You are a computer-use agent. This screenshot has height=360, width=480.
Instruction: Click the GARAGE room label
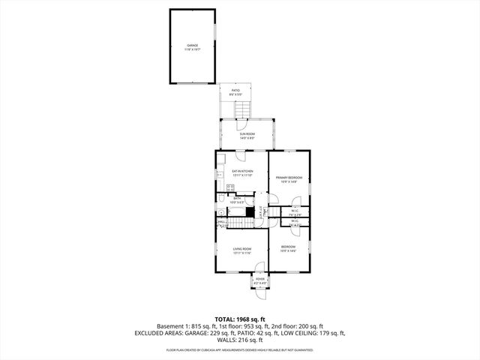pos(193,46)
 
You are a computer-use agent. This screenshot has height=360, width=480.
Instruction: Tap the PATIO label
pos(235,91)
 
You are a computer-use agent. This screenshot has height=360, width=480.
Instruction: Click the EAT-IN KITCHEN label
pos(241,172)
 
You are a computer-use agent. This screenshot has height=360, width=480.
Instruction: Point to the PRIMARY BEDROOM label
pos(289,179)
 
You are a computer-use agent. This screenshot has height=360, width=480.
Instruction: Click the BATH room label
pos(236,200)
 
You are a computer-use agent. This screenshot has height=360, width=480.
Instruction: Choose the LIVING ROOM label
pos(241,250)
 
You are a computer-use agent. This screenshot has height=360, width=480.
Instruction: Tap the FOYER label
pos(260,280)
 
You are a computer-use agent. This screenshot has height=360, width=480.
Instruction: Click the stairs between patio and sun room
pos(240,110)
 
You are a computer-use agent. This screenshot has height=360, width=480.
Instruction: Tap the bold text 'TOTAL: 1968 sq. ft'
pos(239,319)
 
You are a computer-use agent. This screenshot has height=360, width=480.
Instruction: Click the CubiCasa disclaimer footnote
pos(239,349)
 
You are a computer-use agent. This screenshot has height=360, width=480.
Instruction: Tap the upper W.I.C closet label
pos(295,211)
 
